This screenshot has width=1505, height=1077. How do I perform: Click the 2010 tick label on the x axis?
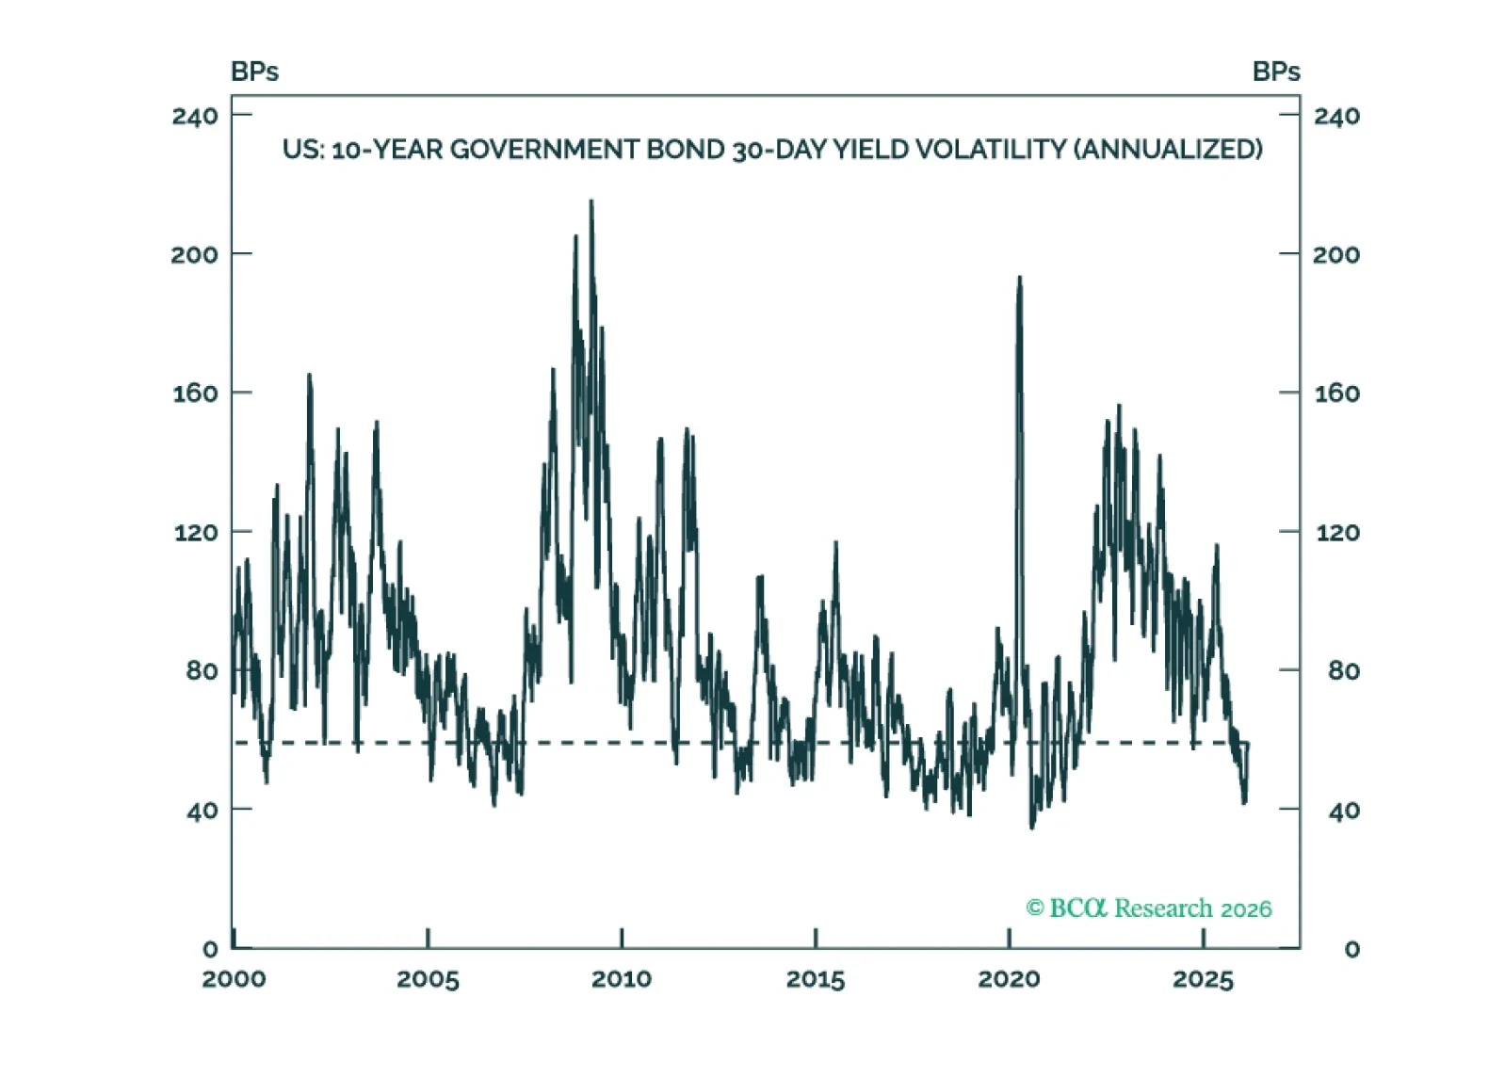621,979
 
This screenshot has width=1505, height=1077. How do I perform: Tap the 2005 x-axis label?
428,979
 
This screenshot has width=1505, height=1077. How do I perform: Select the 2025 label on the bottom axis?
1203,979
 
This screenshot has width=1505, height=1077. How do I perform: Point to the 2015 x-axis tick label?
815,979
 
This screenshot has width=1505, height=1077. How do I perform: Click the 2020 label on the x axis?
1009,979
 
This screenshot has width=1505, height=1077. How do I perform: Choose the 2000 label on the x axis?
234,979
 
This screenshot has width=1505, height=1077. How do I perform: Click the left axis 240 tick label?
195,116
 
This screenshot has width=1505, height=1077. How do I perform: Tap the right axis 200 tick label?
1336,254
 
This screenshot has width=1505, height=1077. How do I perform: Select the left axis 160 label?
195,393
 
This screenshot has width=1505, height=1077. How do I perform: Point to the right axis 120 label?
1336,532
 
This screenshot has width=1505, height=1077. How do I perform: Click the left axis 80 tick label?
202,670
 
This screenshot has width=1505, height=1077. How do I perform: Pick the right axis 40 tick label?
1343,810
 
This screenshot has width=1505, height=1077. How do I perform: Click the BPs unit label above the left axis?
254,72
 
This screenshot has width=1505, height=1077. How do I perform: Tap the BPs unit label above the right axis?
1276,72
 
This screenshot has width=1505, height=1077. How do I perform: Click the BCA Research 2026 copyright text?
1148,908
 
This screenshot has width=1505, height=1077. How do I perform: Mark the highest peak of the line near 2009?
591,201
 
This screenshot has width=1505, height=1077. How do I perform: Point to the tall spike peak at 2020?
1019,278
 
